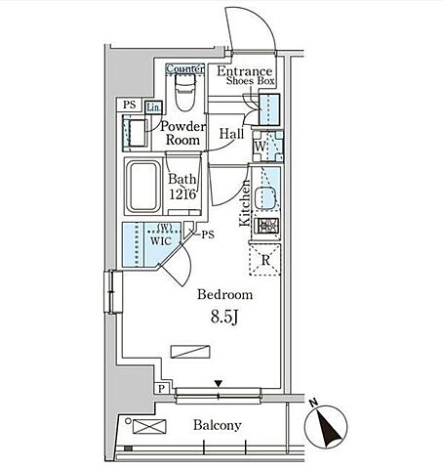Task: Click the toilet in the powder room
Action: [x=184, y=92]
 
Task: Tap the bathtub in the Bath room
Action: [x=143, y=187]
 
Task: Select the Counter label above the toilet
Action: [x=185, y=69]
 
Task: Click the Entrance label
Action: [x=245, y=71]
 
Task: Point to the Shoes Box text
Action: [x=251, y=81]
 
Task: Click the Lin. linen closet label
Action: [x=153, y=107]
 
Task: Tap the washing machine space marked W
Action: [x=268, y=147]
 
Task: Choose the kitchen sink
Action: [x=265, y=198]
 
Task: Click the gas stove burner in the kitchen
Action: [x=266, y=226]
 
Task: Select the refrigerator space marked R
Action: [x=264, y=260]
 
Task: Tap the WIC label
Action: [x=161, y=241]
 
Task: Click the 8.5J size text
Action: [x=224, y=317]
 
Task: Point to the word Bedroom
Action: [x=225, y=294]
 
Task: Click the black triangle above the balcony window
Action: [x=219, y=384]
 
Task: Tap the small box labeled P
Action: [x=162, y=389]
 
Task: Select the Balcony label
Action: [x=218, y=425]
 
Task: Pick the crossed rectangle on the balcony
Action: [x=149, y=427]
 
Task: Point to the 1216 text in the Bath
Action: [x=182, y=194]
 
